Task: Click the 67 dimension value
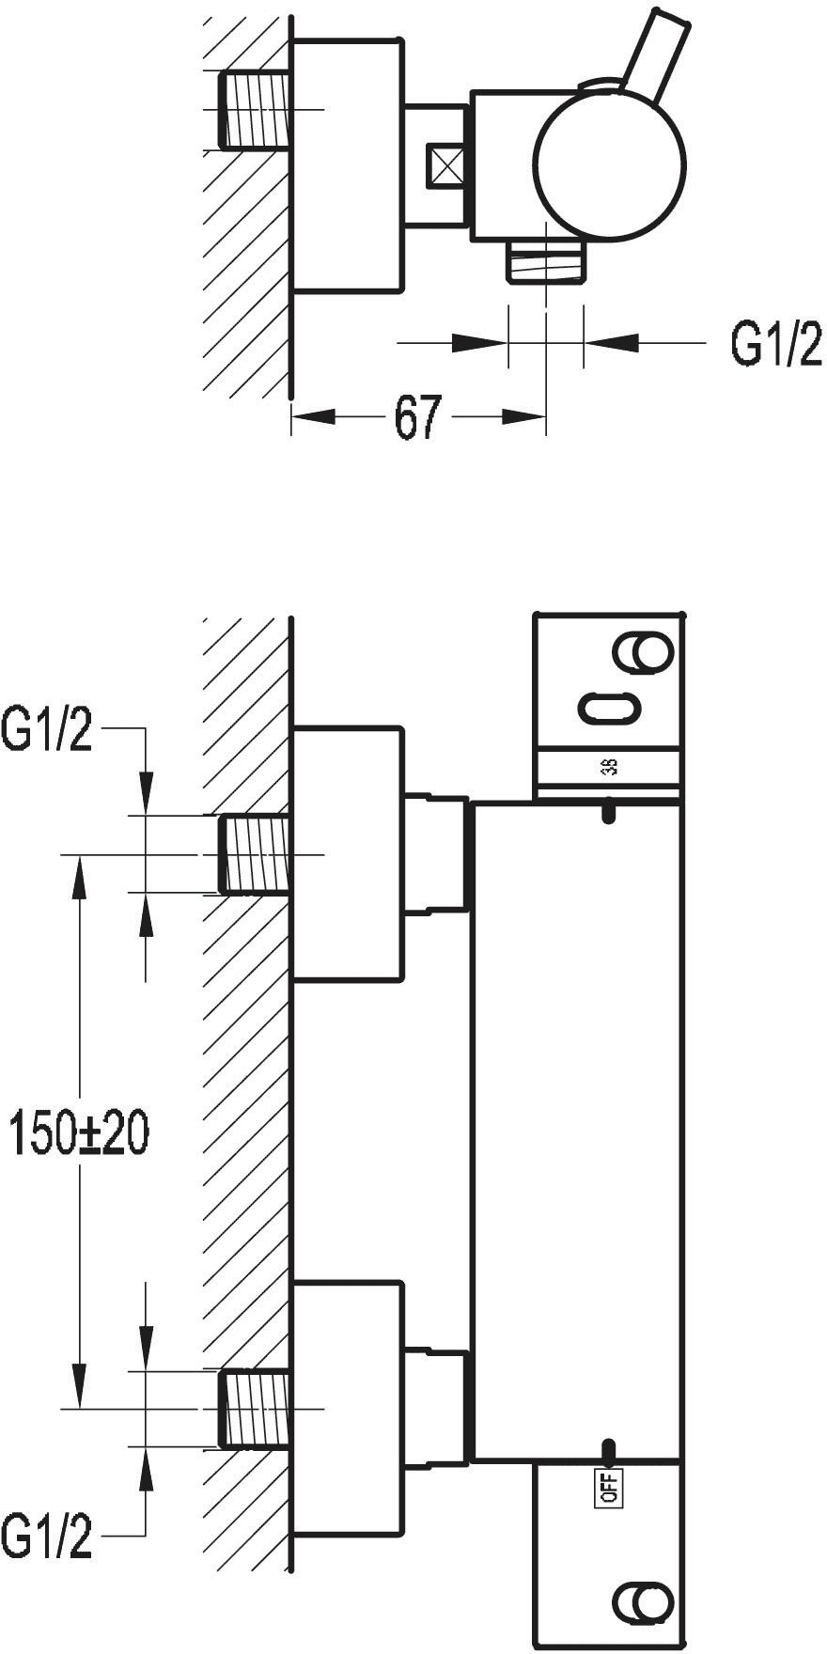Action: pyautogui.click(x=418, y=416)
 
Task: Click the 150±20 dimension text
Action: pyautogui.click(x=78, y=1132)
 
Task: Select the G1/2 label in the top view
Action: pyautogui.click(x=776, y=344)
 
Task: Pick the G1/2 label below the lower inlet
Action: pyautogui.click(x=48, y=1538)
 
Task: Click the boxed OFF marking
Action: pyautogui.click(x=608, y=1488)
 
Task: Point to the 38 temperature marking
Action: pyautogui.click(x=609, y=766)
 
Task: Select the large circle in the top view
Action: pyautogui.click(x=609, y=164)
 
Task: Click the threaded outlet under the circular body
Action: pyautogui.click(x=546, y=260)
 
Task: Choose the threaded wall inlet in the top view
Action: pyautogui.click(x=255, y=110)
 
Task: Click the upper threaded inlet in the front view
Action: pyautogui.click(x=255, y=854)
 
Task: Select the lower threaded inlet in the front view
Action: pyautogui.click(x=255, y=1409)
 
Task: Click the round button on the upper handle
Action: pyautogui.click(x=643, y=654)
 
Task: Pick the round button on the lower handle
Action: pyautogui.click(x=643, y=1602)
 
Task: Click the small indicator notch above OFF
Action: pyautogui.click(x=608, y=1453)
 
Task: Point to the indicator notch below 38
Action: pyautogui.click(x=608, y=811)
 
